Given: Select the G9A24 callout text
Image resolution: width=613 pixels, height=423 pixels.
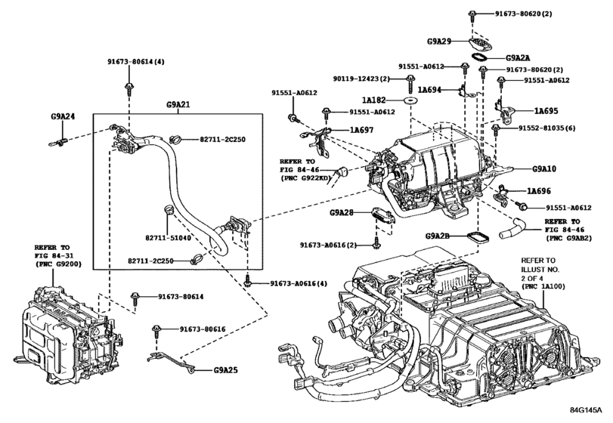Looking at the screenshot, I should (63, 117).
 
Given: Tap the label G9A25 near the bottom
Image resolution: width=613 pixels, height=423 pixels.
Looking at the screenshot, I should (225, 371).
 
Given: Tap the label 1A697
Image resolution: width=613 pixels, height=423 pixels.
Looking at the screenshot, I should (362, 130).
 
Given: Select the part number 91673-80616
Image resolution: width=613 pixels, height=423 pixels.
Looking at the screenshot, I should (206, 330).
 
